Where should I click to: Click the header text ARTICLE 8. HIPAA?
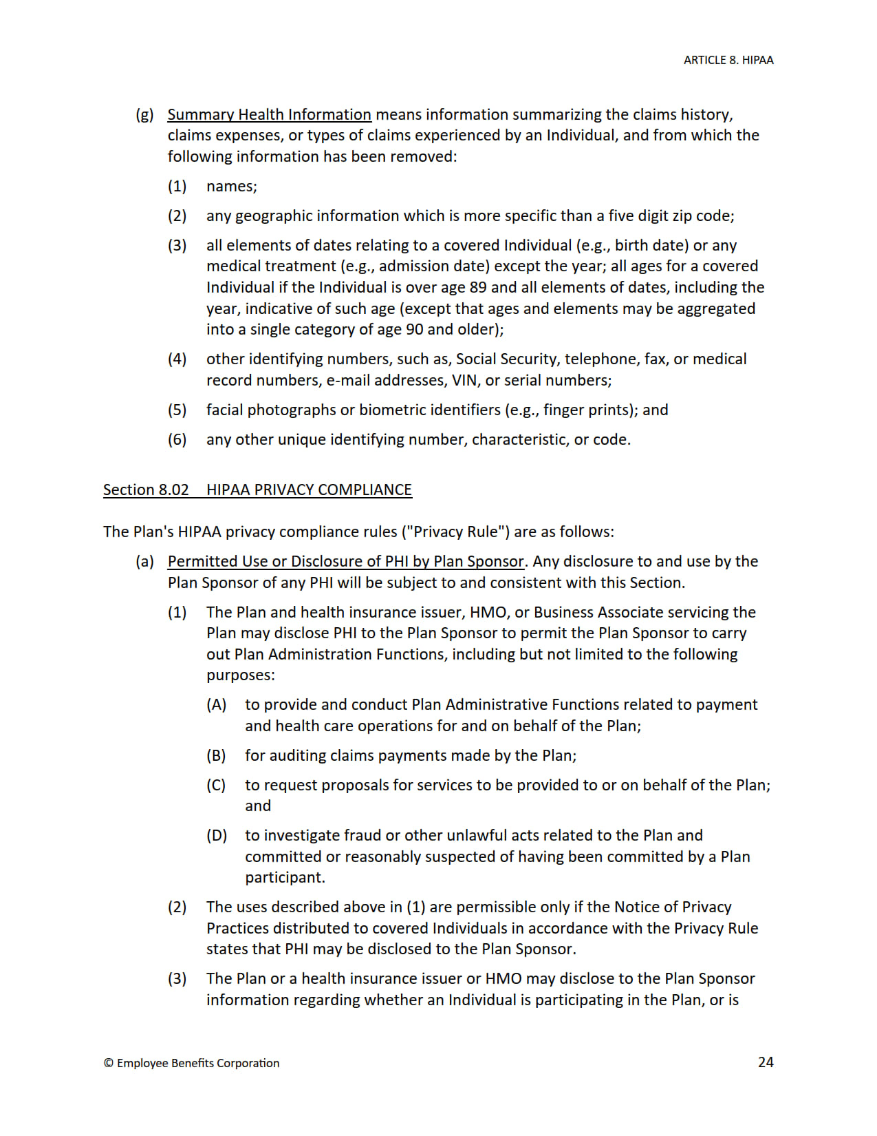click(728, 61)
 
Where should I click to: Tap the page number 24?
click(766, 1062)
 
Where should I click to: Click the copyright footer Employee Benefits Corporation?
click(192, 1063)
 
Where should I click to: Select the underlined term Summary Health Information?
click(269, 115)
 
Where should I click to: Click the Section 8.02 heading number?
click(146, 490)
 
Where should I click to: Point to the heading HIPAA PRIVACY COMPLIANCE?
click(309, 490)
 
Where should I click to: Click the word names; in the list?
click(231, 187)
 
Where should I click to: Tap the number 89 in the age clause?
click(477, 288)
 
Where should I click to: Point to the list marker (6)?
click(177, 440)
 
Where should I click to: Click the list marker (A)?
click(216, 705)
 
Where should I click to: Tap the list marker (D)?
click(216, 836)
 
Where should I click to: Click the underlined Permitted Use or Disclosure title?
click(345, 562)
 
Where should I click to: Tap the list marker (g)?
click(144, 115)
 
